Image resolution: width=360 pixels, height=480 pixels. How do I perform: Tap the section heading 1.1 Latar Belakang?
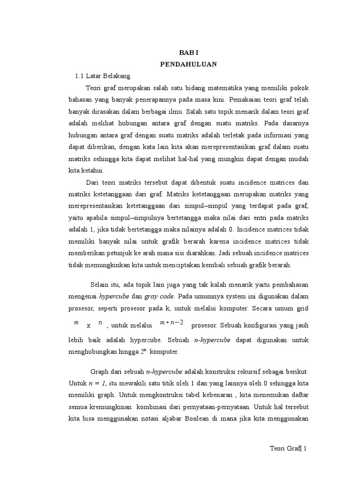(x=103, y=75)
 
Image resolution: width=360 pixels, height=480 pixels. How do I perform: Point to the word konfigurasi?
(x=260, y=325)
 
